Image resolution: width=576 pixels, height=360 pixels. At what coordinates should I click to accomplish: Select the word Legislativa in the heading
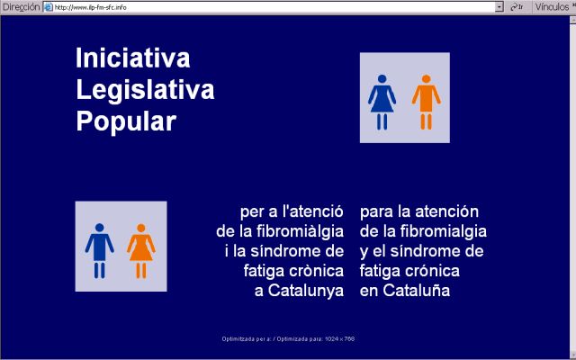click(145, 90)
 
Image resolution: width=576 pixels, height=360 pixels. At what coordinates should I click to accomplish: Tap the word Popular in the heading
click(125, 121)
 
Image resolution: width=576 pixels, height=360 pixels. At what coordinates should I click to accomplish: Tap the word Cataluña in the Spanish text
click(417, 292)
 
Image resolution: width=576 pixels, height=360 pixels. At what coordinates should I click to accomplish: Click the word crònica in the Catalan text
click(318, 272)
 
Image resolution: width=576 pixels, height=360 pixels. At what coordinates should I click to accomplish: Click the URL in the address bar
click(90, 6)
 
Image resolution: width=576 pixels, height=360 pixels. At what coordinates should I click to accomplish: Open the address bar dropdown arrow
click(499, 6)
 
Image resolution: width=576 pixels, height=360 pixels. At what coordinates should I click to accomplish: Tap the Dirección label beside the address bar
click(21, 6)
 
